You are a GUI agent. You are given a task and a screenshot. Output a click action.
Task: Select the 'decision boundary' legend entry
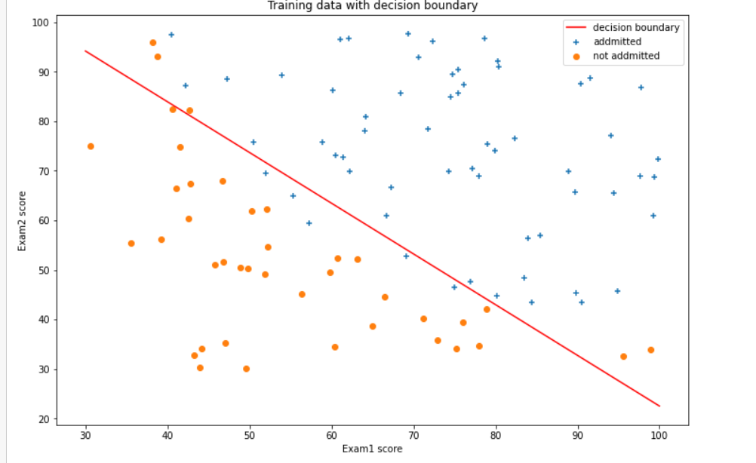[636, 28]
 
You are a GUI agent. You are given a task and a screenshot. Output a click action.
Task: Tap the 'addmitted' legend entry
[616, 42]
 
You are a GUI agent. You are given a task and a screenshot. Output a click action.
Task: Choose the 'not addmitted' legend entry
[626, 56]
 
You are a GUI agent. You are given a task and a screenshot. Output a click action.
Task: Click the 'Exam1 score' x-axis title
[371, 449]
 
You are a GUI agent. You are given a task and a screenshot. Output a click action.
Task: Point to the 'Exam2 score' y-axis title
[23, 222]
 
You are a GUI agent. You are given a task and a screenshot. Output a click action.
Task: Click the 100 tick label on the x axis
[659, 435]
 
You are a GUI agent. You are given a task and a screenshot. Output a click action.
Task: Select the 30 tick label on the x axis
[85, 435]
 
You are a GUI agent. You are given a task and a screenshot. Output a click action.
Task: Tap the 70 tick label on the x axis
[413, 435]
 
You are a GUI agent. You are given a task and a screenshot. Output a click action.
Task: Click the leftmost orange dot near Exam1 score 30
[91, 146]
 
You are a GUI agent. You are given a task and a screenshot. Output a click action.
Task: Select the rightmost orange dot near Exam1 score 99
[650, 350]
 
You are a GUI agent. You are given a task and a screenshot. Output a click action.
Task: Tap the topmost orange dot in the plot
[153, 43]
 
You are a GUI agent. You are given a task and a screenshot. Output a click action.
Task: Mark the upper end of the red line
[85, 51]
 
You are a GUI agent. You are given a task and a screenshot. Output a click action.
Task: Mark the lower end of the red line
[659, 406]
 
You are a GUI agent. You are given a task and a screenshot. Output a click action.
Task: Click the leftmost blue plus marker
[171, 35]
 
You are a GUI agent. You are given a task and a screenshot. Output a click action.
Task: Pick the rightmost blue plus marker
[658, 159]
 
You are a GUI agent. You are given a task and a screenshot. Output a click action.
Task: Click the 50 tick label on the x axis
[250, 435]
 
